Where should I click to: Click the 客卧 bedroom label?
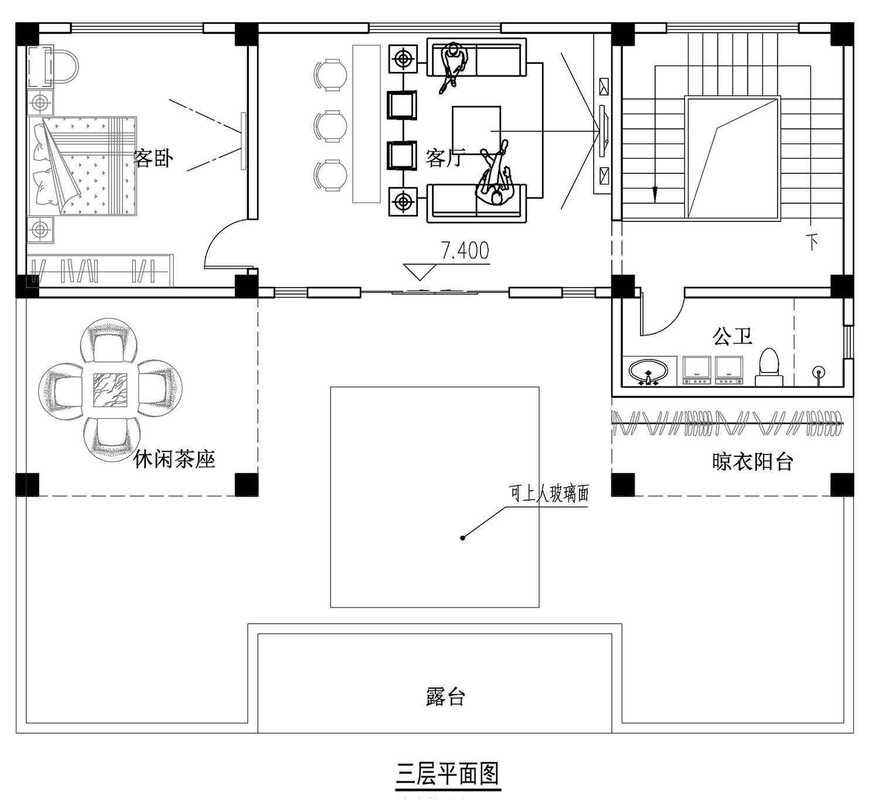pos(153,158)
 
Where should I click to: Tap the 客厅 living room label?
pos(444,158)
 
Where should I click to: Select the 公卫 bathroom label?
pos(732,337)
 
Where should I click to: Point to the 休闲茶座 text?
pos(174,460)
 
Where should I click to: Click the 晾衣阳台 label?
pos(752,461)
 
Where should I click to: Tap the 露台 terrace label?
pos(445,696)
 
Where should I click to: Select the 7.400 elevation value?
pos(465,251)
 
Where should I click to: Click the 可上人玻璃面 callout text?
pos(549,494)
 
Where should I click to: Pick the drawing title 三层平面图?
pos(447,774)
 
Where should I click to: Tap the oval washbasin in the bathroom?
pos(648,372)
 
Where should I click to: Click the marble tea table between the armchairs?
pos(110,390)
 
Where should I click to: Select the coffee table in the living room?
pos(476,130)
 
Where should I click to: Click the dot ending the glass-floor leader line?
pos(462,538)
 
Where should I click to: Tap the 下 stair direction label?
pos(812,241)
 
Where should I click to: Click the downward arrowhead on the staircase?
pos(655,195)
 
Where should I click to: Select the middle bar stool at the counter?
pos(330,127)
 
